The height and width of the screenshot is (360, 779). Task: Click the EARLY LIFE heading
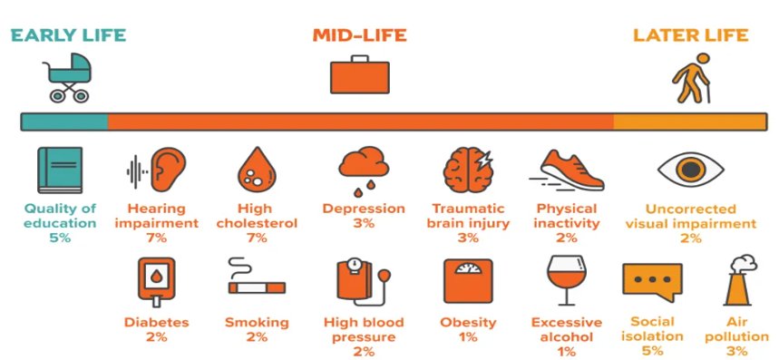tap(68, 35)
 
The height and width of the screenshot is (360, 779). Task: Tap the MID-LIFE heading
tap(359, 35)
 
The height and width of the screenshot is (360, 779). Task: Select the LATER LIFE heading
tap(690, 35)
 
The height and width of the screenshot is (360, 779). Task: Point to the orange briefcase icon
tap(360, 74)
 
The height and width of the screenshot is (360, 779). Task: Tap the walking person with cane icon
tap(692, 79)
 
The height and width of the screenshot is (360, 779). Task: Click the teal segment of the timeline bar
tap(64, 122)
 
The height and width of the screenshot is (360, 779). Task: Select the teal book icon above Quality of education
tap(60, 170)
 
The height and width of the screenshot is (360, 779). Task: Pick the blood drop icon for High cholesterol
tap(257, 170)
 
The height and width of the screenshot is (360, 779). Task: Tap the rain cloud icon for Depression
tap(364, 170)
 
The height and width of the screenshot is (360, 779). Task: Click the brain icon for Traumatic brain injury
tap(468, 170)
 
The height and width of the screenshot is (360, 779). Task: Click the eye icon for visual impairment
tap(690, 170)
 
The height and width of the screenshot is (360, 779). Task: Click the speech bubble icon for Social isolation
tap(652, 281)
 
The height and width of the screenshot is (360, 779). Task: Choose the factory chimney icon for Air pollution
tap(739, 280)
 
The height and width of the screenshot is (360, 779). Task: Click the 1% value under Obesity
tap(468, 337)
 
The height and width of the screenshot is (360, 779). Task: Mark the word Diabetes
tap(157, 322)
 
